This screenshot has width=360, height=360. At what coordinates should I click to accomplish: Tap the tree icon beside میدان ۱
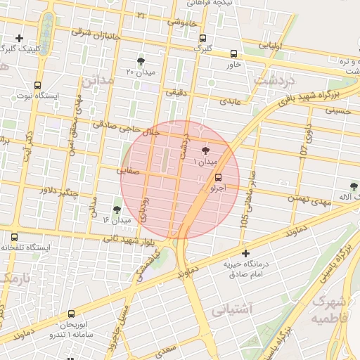coord(205,150)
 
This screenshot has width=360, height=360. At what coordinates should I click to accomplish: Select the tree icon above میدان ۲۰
coord(141,61)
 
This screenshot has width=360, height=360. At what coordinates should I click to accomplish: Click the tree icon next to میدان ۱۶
coord(117,209)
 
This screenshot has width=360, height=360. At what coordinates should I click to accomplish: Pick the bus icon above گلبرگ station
coord(203,38)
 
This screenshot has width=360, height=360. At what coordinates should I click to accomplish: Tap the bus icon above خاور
coord(233,53)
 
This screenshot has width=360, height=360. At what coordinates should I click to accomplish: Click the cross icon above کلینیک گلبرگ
coord(19,38)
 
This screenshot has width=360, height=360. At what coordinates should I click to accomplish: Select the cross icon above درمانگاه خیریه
coord(245,253)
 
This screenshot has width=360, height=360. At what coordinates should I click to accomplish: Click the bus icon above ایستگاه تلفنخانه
coord(15,237)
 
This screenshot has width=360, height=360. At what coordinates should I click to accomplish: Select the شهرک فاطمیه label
coord(330,310)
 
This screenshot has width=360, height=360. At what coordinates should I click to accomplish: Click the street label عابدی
coord(230,101)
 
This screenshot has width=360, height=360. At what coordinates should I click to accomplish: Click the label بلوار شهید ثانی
coord(121,240)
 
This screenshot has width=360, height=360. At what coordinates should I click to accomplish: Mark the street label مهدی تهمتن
coord(309,200)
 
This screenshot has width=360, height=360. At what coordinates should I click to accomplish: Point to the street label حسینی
coord(337,110)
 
